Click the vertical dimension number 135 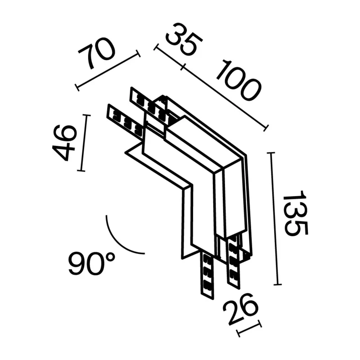click(x=295, y=212)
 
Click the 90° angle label click(x=91, y=264)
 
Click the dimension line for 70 click(x=108, y=70)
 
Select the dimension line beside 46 click(x=84, y=143)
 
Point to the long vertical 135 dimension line click(x=274, y=219)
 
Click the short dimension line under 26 click(x=250, y=328)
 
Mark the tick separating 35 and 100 click(x=183, y=67)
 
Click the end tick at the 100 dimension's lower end click(x=266, y=128)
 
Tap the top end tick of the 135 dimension click(x=271, y=153)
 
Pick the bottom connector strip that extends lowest click(x=207, y=275)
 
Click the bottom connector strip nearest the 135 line click(x=234, y=263)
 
